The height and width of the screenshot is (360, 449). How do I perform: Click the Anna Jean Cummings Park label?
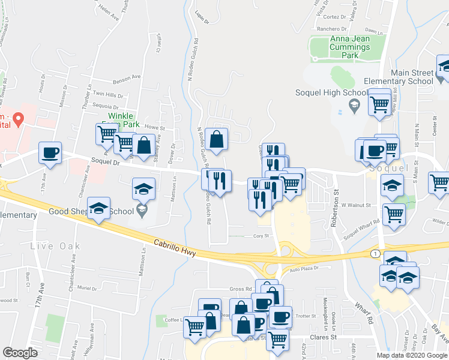click(x=349, y=47)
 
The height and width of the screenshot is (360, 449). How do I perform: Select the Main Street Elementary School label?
click(x=412, y=77)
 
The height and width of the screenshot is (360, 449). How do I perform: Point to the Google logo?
click(x=20, y=353)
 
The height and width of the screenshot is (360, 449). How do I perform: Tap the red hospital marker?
click(x=18, y=119)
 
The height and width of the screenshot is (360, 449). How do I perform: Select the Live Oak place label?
click(x=53, y=246)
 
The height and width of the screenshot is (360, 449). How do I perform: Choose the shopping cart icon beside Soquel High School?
click(x=380, y=103)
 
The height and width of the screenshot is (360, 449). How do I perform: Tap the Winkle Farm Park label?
click(x=123, y=120)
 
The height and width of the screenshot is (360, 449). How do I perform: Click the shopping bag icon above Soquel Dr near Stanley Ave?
click(x=144, y=145)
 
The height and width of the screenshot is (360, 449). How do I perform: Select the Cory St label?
click(x=259, y=236)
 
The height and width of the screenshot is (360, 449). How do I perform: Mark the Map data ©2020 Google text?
click(x=412, y=355)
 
